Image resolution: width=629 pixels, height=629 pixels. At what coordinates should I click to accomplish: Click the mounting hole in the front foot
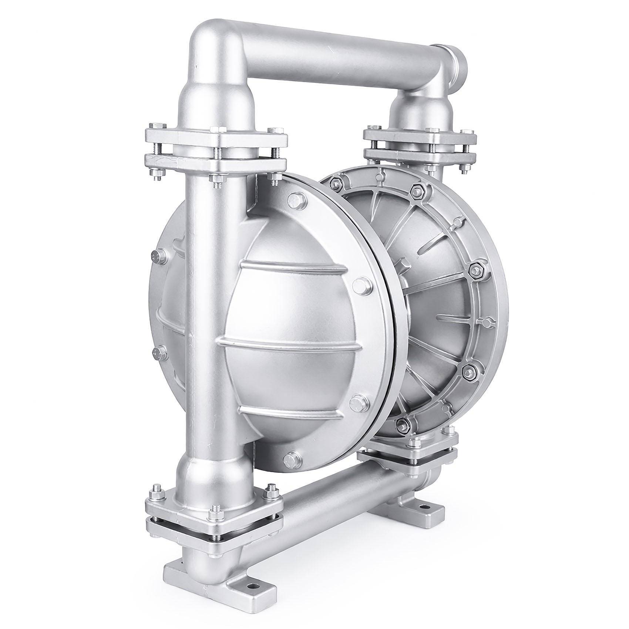253,596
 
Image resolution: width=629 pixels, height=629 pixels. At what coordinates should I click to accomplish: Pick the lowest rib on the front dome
292,411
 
